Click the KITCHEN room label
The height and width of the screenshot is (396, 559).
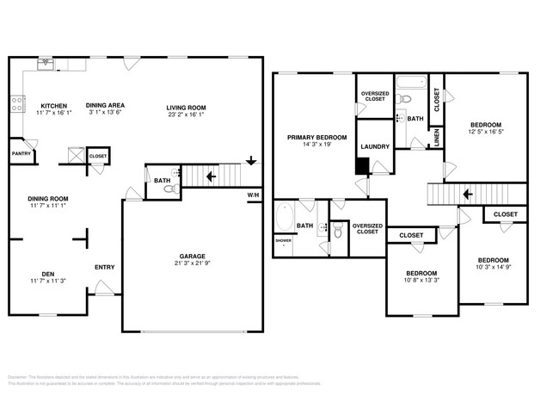(53, 107)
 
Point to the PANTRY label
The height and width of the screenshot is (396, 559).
(21, 154)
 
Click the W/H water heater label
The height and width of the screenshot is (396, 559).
(254, 195)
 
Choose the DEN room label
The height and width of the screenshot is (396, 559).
(47, 274)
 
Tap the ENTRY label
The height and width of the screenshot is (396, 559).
(104, 267)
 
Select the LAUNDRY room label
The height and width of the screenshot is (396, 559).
(375, 147)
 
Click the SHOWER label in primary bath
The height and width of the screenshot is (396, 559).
(282, 241)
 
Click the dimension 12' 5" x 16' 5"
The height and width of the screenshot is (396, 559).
(484, 132)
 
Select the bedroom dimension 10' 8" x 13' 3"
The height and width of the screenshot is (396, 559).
(421, 279)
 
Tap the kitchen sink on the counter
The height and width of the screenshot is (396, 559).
(44, 65)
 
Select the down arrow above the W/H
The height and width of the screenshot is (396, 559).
(250, 160)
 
